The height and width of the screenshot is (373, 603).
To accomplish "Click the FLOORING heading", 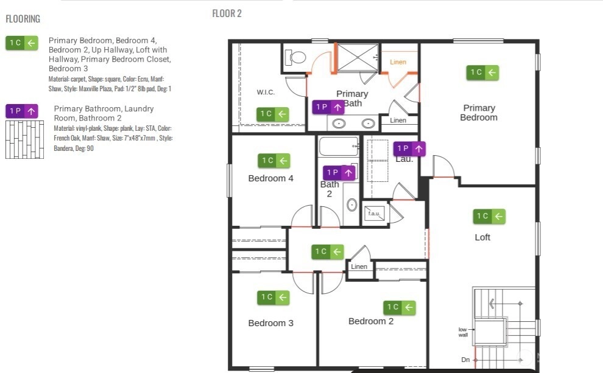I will tap(23, 19).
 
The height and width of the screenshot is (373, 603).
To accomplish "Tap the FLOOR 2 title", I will tap(227, 13).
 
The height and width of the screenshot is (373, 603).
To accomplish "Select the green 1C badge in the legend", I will tap(22, 43).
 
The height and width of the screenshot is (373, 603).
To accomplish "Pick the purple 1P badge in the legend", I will tap(22, 111).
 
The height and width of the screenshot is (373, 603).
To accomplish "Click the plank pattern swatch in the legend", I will tap(24, 139).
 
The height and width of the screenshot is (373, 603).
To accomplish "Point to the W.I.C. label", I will tap(266, 92).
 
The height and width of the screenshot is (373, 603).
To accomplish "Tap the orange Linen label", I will tap(398, 62).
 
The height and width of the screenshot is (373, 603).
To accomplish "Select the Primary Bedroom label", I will tap(479, 113).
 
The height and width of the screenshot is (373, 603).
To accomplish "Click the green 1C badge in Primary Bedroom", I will tap(483, 73).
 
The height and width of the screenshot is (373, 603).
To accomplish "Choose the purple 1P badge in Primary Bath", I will tap(329, 108).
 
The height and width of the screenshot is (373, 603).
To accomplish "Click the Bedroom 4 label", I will tap(271, 178).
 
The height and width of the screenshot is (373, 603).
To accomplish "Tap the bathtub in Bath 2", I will tap(339, 147).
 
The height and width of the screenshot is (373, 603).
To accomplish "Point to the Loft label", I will tap(482, 237).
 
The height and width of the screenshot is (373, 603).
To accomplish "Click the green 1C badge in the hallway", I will tap(328, 251).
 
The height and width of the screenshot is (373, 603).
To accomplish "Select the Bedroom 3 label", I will tap(271, 323).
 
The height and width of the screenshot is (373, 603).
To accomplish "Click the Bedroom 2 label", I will tap(371, 321).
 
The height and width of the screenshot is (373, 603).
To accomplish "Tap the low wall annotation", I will tap(464, 332).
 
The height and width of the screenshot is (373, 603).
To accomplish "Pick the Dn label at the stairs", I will tap(465, 360).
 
